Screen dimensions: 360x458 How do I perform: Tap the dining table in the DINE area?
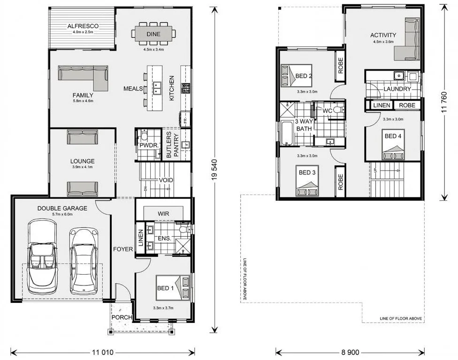[x=153, y=33]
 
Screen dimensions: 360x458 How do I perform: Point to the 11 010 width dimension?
[x=102, y=352]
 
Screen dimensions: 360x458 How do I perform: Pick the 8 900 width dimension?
[x=350, y=352]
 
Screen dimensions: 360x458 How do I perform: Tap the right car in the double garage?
[x=84, y=261]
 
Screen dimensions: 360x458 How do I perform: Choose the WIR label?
[x=163, y=214]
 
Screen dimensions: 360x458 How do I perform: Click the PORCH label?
[x=121, y=317]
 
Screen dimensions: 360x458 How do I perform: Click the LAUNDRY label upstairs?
[x=397, y=89]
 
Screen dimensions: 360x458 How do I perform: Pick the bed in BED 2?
[x=296, y=75]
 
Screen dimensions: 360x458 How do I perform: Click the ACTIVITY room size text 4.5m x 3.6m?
[x=383, y=41]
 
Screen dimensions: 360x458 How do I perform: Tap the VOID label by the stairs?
[x=166, y=180]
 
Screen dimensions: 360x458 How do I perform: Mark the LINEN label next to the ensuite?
[x=141, y=238]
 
